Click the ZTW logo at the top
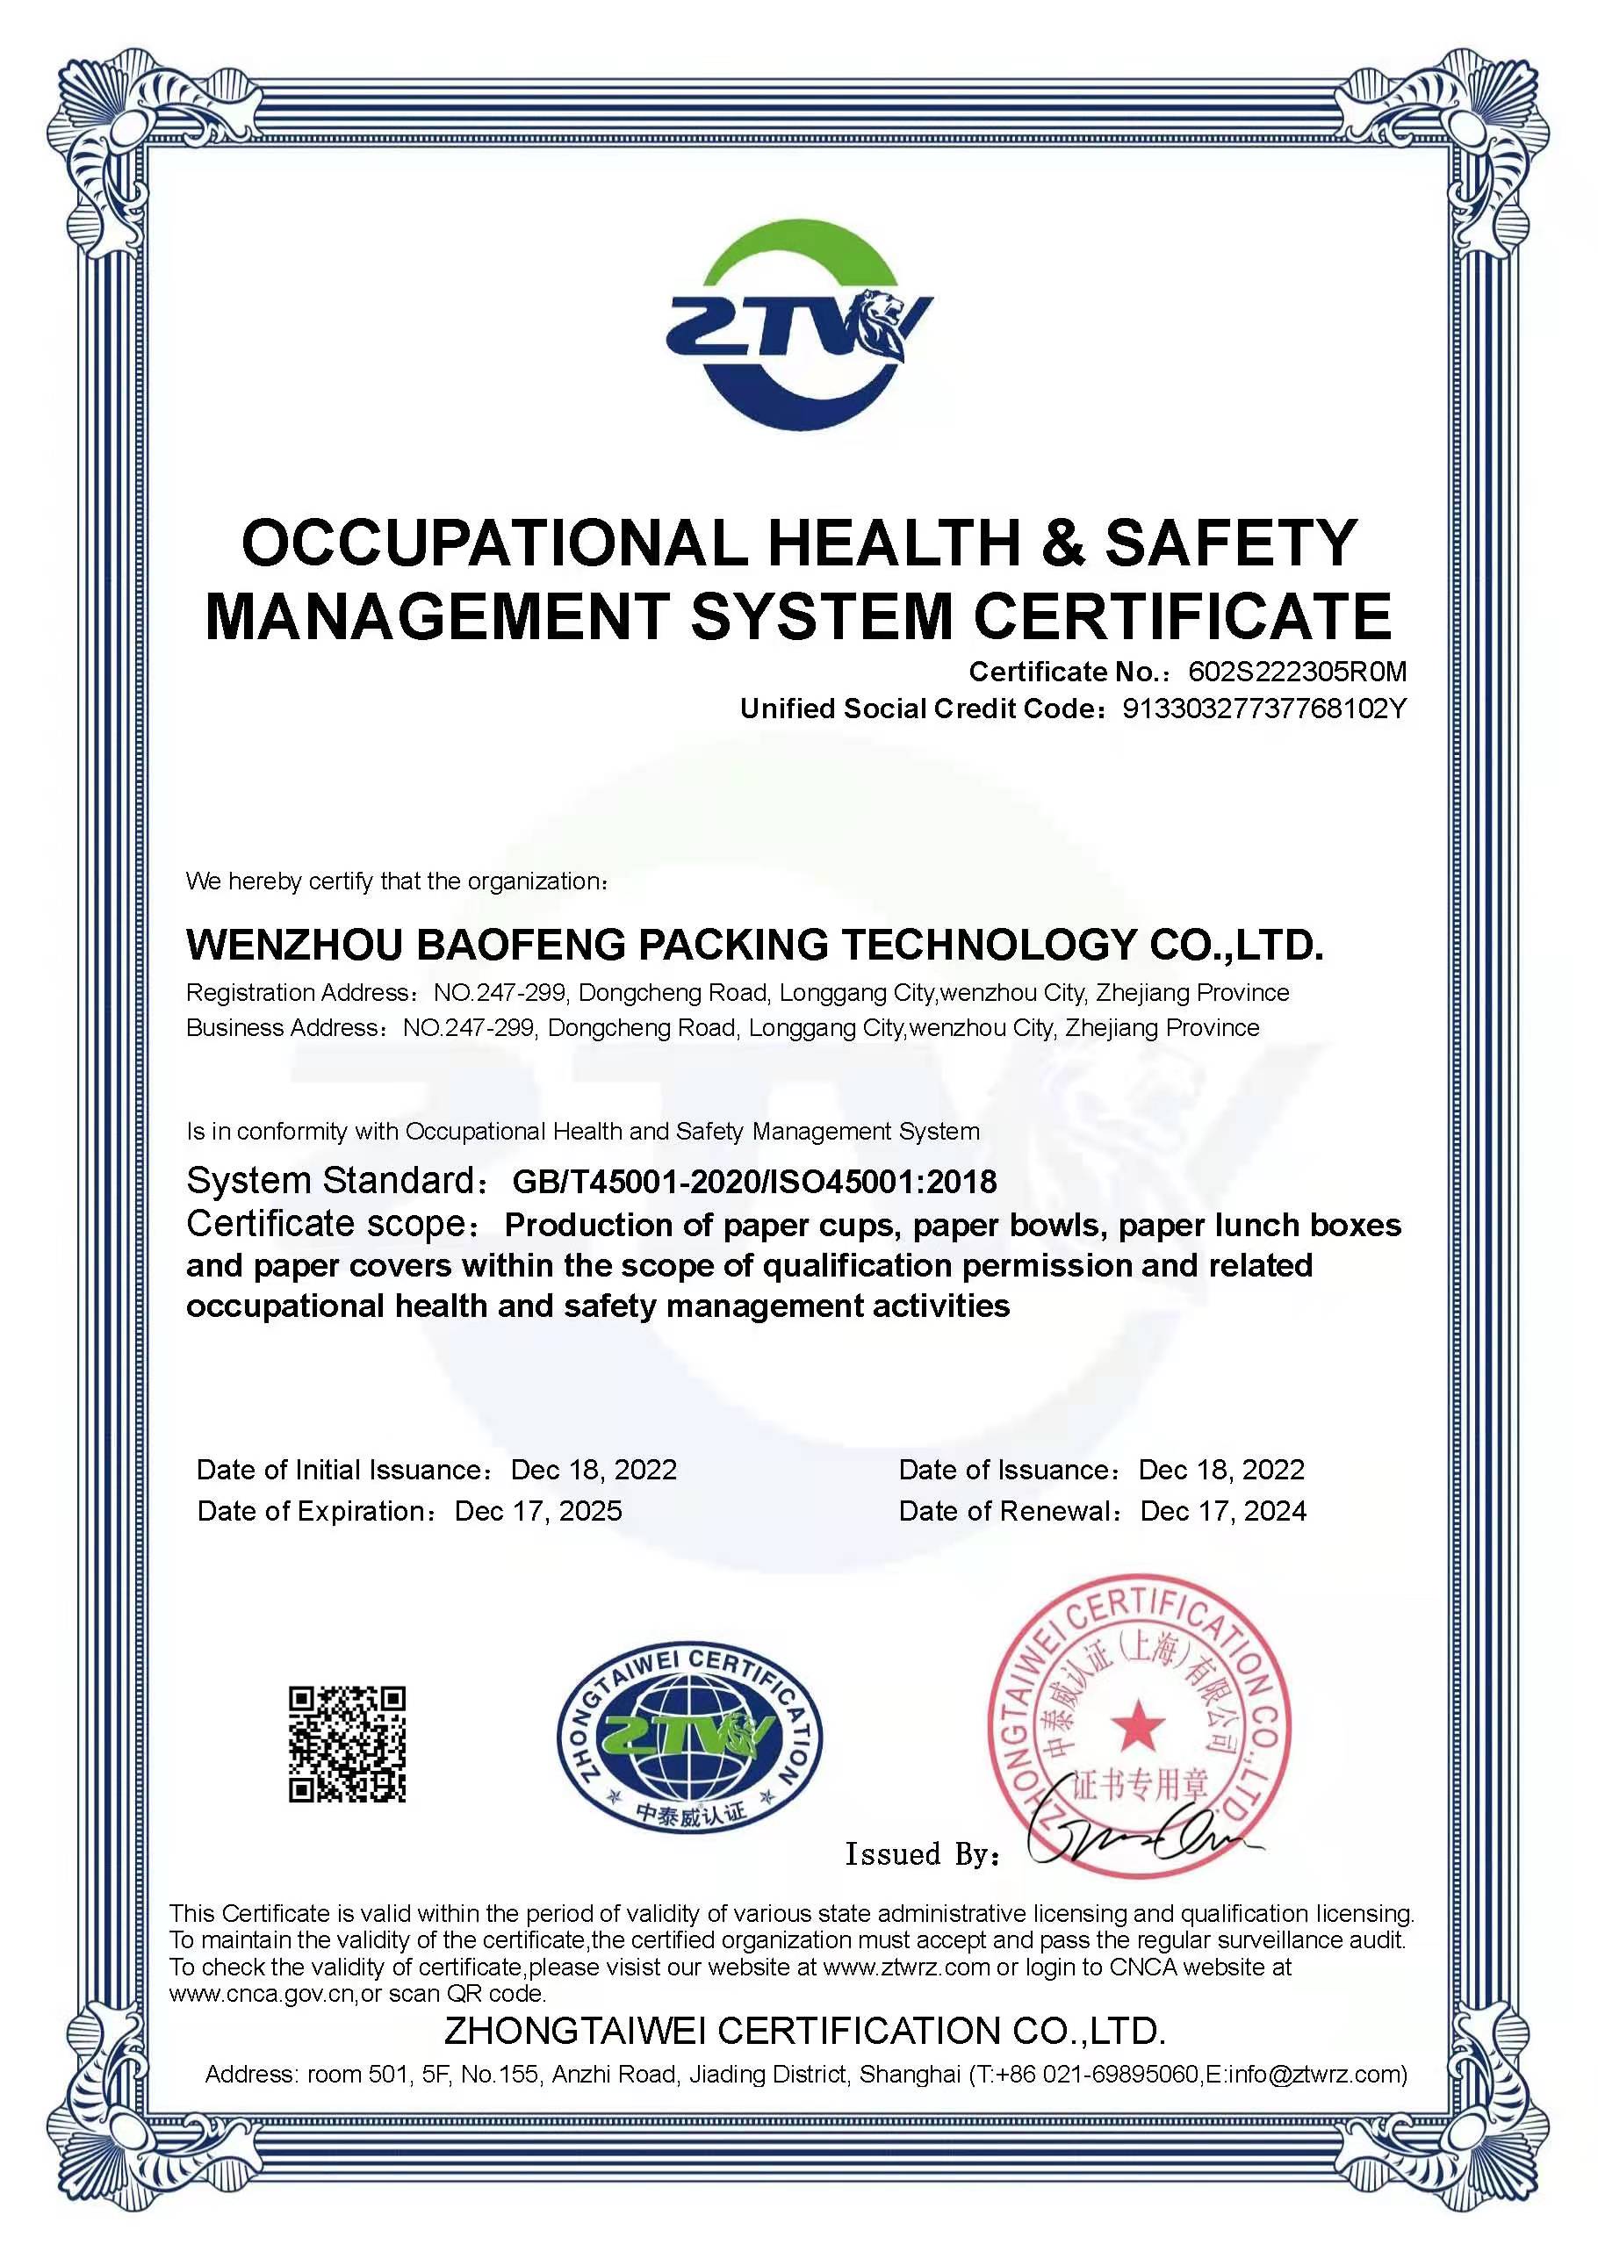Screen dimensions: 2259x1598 pos(798,326)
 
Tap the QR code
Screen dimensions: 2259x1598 pos(348,1745)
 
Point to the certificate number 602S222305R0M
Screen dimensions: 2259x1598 pos(1298,671)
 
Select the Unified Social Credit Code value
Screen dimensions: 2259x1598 pos(1264,709)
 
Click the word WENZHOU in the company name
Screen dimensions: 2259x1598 pos(294,945)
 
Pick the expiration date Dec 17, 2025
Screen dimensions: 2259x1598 pos(538,1510)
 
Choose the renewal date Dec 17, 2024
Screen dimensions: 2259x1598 pos(1223,1510)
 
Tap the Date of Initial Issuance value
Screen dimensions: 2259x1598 pos(594,1469)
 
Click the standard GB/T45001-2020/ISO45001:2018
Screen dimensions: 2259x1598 pos(755,1181)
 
